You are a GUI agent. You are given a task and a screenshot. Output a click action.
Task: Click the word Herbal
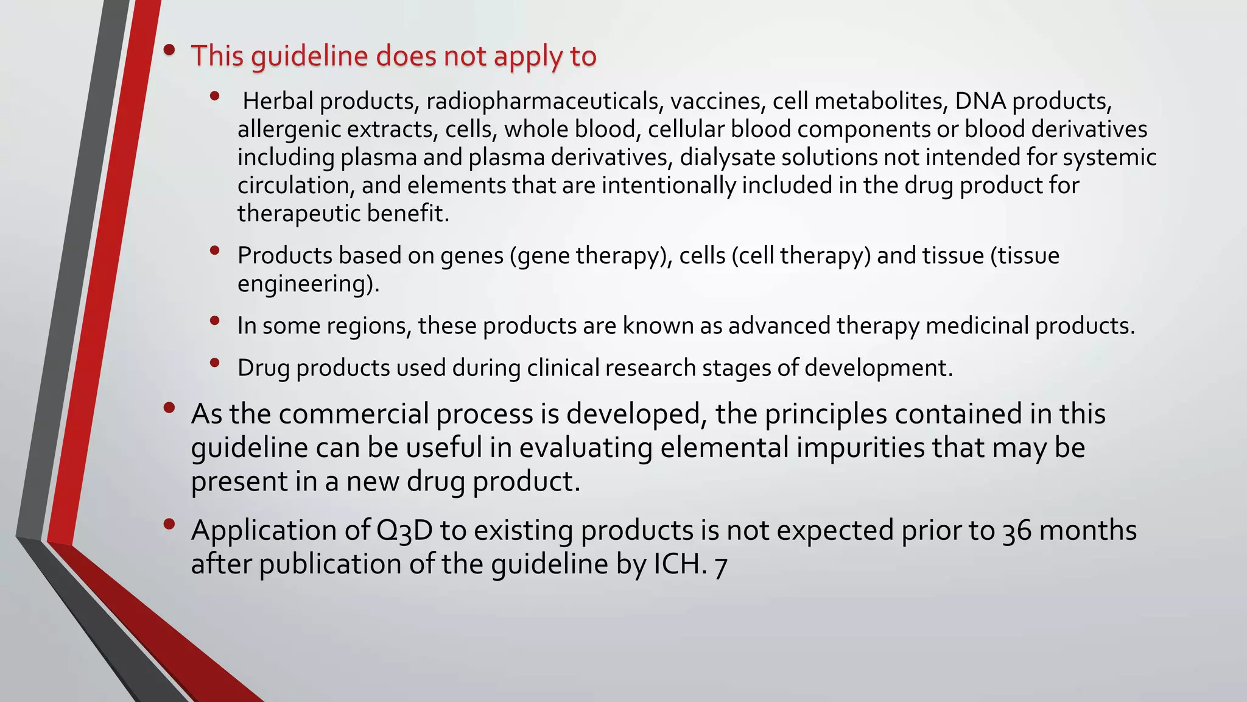point(278,101)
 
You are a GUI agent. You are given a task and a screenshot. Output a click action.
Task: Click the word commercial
point(354,414)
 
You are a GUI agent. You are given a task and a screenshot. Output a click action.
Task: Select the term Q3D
point(404,531)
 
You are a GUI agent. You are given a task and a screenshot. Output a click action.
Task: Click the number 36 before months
point(1016,531)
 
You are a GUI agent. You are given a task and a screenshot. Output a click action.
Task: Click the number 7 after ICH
point(721,565)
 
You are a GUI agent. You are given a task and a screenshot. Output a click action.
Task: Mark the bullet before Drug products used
point(214,363)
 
